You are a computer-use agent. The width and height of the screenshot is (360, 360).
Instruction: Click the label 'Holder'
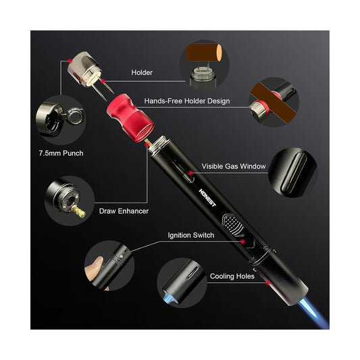(x=142, y=72)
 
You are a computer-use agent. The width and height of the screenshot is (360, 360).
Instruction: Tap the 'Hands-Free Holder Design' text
(x=187, y=101)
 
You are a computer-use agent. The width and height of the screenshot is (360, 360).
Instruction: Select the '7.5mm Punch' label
(x=61, y=153)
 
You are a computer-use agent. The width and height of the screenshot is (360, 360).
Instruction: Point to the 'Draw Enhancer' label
(x=124, y=211)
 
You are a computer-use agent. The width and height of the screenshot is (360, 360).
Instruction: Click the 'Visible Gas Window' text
(x=234, y=166)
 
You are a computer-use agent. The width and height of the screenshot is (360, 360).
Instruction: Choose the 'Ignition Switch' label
(x=191, y=235)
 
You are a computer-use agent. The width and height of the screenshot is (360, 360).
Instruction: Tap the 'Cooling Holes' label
(x=232, y=276)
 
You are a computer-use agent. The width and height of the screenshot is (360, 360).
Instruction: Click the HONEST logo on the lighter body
(x=207, y=198)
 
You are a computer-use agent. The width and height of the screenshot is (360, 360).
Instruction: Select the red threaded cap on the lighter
(x=130, y=118)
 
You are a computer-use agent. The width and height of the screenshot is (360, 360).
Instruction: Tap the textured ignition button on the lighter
(x=233, y=224)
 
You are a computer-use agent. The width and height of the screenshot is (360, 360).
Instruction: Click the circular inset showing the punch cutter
(x=61, y=120)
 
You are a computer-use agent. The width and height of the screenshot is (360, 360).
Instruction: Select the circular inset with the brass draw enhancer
(x=70, y=201)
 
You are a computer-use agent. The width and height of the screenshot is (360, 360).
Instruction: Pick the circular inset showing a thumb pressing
(x=109, y=265)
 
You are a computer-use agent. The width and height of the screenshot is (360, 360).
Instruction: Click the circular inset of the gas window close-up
(x=293, y=173)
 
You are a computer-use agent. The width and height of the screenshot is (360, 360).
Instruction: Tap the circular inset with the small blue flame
(x=182, y=283)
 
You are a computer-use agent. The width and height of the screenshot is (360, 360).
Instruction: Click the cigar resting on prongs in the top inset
(x=204, y=53)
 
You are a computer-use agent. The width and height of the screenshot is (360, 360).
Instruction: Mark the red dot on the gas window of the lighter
(x=190, y=173)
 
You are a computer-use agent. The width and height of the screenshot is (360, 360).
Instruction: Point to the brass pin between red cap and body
(x=149, y=143)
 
